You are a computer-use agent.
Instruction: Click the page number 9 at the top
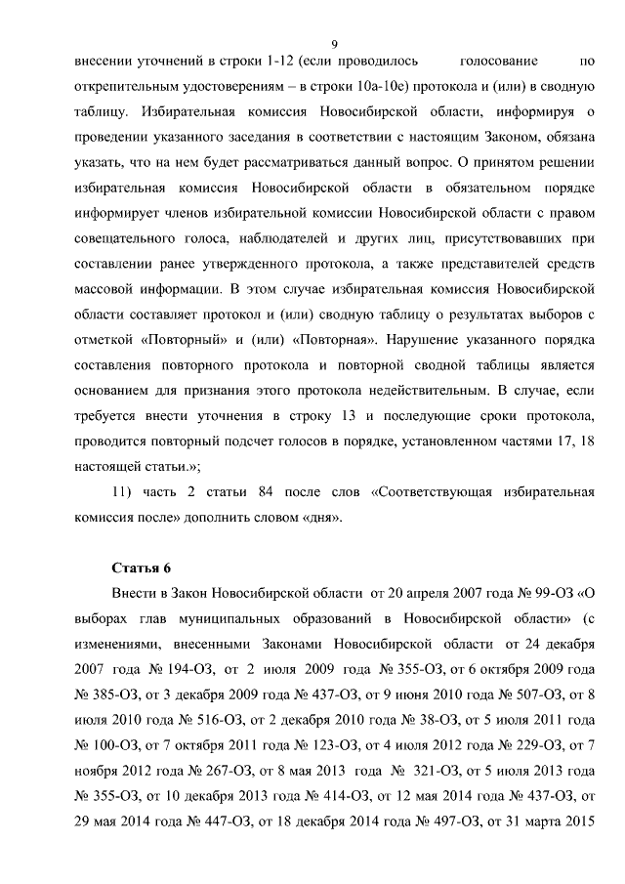333,42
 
